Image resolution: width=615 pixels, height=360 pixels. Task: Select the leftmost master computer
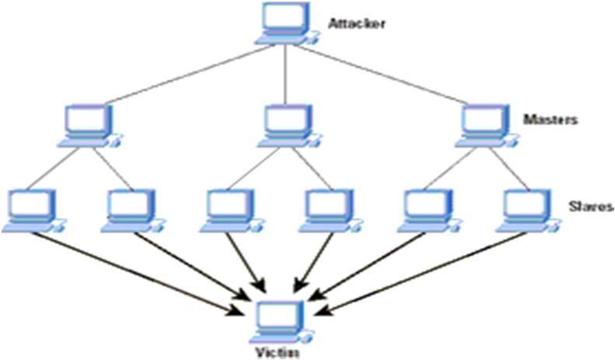(88, 124)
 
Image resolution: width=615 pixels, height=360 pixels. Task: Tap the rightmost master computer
(484, 124)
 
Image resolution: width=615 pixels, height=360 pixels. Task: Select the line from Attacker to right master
(381, 73)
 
